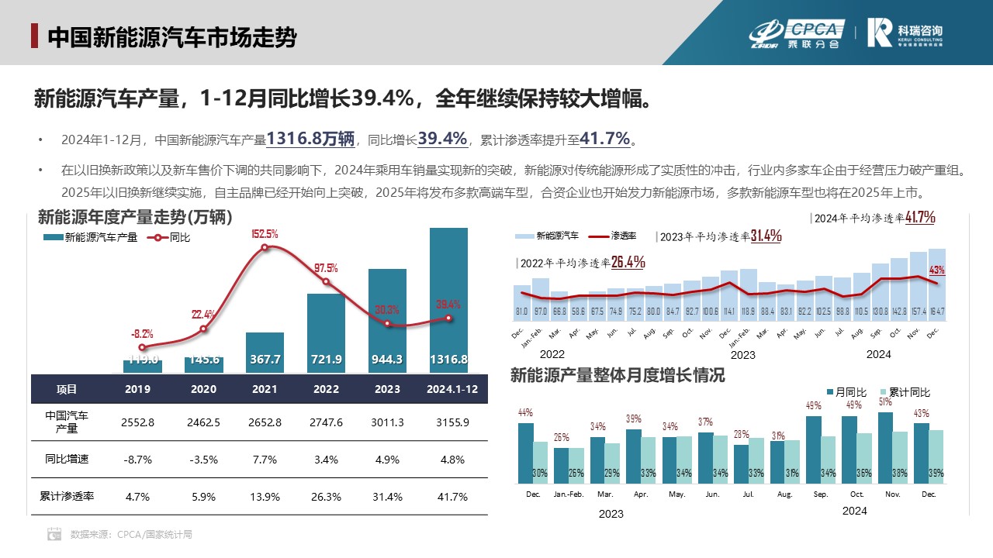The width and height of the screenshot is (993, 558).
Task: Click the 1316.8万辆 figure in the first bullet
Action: (310, 139)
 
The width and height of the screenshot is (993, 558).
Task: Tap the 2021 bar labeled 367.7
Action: (265, 353)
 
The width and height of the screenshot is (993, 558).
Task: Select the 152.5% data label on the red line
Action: (265, 233)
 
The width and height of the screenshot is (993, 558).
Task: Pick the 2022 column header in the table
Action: (326, 389)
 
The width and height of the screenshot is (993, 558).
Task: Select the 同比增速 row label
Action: (67, 460)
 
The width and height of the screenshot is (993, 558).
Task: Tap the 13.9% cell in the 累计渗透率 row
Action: (265, 497)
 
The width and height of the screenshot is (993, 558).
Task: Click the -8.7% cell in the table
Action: (137, 460)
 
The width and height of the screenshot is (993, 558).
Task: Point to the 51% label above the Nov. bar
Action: (885, 401)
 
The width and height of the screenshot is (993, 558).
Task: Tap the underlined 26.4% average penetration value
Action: (628, 262)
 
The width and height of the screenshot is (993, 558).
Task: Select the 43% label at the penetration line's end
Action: (936, 270)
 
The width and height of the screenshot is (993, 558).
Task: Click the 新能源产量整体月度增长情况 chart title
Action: (618, 376)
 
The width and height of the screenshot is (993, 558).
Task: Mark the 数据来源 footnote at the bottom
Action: (120, 534)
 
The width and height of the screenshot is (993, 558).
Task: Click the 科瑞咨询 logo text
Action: (920, 29)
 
